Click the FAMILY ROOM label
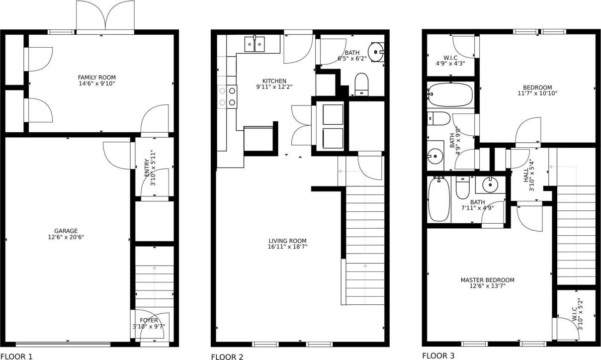(96, 77)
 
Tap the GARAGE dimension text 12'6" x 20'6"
(66, 237)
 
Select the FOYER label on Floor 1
(149, 320)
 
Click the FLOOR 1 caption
(16, 356)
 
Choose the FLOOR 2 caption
(227, 357)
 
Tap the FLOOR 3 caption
(438, 356)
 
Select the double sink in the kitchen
(255, 44)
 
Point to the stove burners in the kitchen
(227, 96)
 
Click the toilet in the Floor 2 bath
(361, 84)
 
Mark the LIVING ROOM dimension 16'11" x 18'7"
(287, 247)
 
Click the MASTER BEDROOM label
(487, 280)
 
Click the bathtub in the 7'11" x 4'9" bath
(438, 199)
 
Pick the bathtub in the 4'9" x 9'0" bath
(450, 94)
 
